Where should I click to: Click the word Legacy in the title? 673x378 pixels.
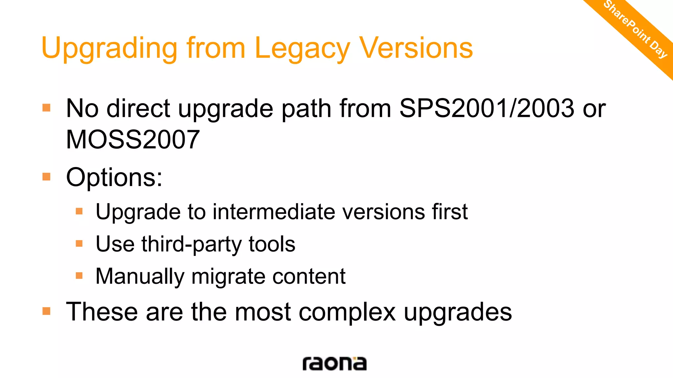[x=302, y=49]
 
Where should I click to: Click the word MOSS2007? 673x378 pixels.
[x=133, y=139]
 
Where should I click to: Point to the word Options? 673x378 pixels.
[x=114, y=178]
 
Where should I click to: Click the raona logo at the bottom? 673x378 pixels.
[x=334, y=364]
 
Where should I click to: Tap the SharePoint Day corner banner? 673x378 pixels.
[x=636, y=30]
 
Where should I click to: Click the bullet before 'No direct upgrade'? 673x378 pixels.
[x=46, y=108]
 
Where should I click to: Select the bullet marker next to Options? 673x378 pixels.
[x=46, y=177]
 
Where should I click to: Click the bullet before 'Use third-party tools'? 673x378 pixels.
[x=79, y=243]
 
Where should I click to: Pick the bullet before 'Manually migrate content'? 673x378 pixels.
[x=79, y=276]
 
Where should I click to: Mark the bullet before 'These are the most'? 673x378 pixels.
[x=46, y=311]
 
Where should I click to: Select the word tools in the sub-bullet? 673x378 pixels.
[x=272, y=244]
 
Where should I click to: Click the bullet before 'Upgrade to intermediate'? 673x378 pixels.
[x=79, y=211]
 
